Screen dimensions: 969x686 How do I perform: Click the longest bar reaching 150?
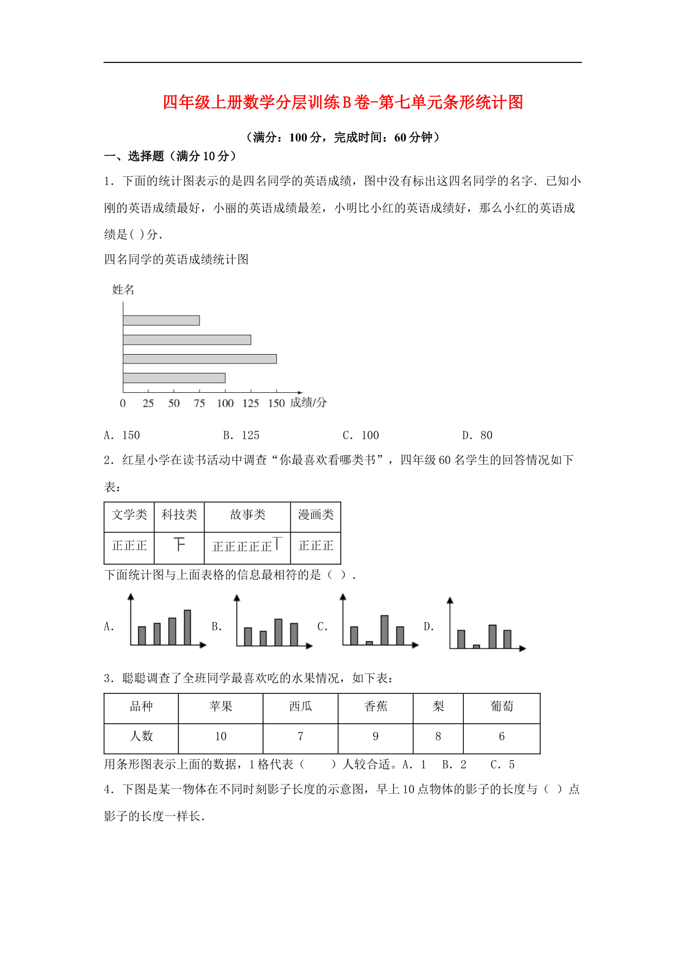[x=200, y=359]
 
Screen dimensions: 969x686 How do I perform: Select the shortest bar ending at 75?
[x=161, y=320]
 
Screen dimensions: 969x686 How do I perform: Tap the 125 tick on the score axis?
[x=250, y=403]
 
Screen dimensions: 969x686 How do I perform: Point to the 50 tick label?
[x=174, y=403]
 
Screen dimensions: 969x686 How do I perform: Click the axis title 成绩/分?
[x=308, y=403]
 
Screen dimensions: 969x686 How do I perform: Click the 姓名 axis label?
[x=123, y=289]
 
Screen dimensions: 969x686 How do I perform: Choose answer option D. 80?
[x=477, y=435]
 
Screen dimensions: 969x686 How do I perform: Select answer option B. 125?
[x=241, y=435]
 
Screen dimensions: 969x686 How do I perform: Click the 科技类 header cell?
[x=179, y=515]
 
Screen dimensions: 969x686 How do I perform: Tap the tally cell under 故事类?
[x=247, y=546]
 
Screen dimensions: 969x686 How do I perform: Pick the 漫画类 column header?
[x=316, y=515]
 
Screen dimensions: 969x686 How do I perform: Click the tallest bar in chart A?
[x=187, y=627]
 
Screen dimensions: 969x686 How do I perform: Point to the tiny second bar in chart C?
[x=369, y=643]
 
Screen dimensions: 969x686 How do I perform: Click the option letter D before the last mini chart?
[x=428, y=626]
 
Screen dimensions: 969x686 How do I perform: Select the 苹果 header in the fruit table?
[x=221, y=707]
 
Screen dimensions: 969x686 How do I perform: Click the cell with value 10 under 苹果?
[x=221, y=736]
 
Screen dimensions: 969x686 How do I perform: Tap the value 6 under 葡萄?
[x=501, y=736]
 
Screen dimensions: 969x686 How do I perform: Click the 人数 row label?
[x=141, y=736]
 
